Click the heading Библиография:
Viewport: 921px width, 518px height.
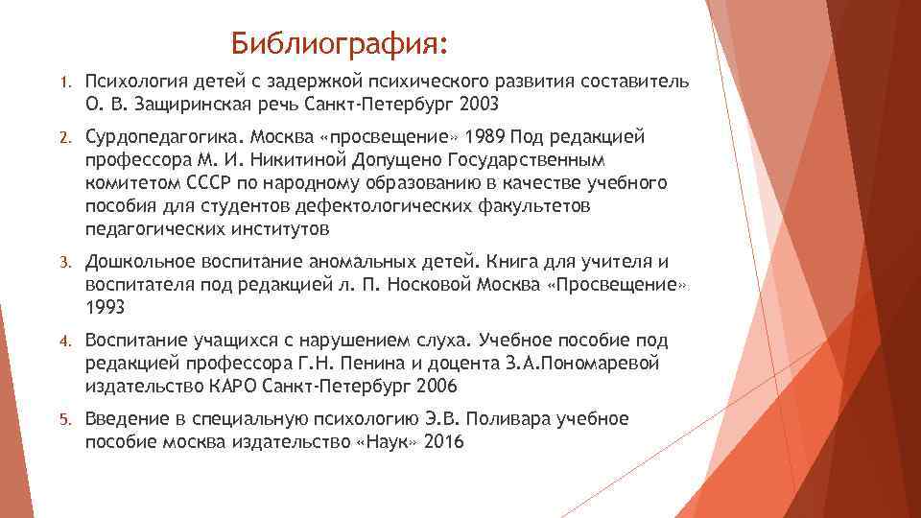point(340,44)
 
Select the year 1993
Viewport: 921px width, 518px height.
point(106,307)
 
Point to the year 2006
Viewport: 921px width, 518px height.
point(436,387)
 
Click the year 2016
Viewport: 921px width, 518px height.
point(443,442)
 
